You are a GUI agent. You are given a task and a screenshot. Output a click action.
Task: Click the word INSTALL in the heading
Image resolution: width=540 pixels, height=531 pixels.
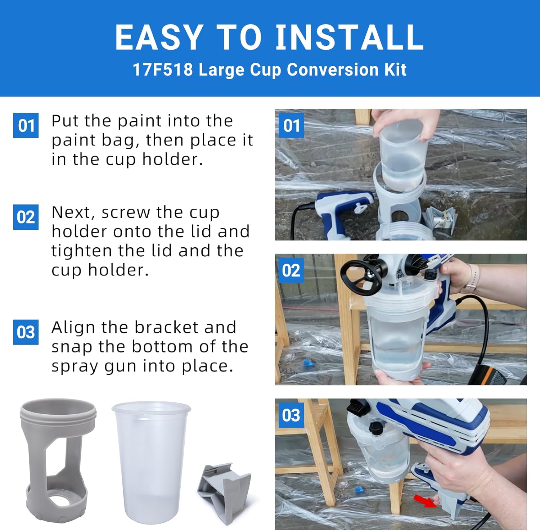349,37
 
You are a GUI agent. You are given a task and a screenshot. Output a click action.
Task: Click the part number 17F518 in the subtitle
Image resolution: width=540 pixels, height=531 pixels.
163,69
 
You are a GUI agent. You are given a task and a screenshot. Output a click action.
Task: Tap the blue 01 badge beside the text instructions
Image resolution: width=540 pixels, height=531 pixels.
26,125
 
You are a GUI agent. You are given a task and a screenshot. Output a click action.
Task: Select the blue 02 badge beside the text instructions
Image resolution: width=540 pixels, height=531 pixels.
26,217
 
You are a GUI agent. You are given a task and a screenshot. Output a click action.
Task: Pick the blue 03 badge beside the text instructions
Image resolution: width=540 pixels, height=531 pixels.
26,332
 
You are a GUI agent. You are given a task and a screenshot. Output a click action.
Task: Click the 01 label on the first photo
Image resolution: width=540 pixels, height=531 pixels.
291,126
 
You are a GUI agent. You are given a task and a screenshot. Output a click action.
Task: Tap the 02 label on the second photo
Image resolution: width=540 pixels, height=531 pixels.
291,270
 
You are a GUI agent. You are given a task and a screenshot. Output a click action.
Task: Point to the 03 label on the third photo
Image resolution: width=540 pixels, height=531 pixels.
291,415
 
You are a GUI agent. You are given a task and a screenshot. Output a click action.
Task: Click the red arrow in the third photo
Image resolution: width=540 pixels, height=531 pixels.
424,501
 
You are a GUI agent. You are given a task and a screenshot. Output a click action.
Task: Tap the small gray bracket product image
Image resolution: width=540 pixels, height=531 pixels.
225,491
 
